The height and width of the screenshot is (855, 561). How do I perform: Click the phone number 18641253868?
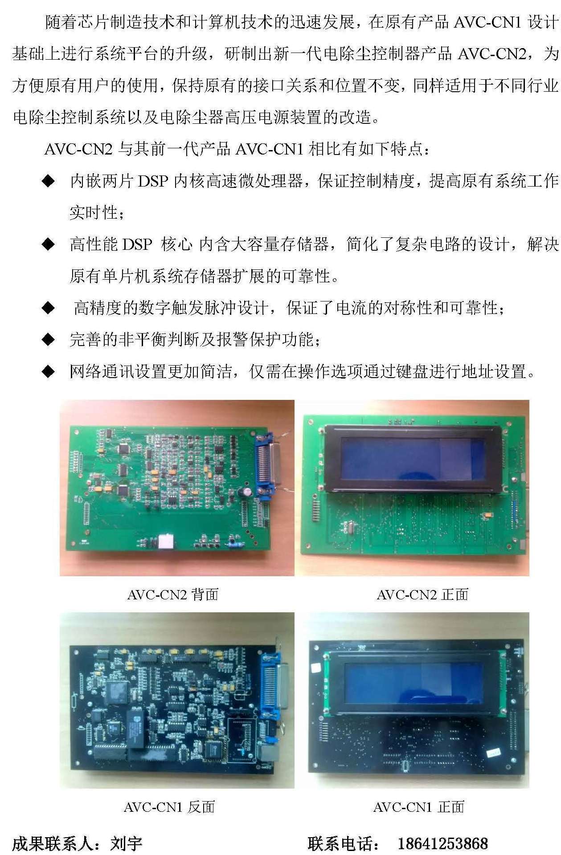coord(442,843)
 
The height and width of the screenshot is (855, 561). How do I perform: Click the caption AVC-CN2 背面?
coord(173,594)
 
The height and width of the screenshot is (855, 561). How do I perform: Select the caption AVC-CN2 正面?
coord(422,594)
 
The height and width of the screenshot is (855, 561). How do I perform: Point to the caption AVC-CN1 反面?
coord(170,807)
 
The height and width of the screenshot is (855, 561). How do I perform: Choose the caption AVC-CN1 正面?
coord(419,807)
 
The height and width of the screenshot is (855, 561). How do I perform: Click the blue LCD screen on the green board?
coord(412,459)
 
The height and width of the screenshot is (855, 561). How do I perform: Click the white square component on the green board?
coord(166,541)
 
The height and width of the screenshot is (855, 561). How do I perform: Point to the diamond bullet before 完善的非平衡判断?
coord(48,340)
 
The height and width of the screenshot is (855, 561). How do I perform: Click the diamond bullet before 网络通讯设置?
coord(48,371)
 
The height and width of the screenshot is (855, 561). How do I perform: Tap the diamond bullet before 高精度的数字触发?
coord(48,308)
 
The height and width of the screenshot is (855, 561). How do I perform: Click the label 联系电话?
coord(340,843)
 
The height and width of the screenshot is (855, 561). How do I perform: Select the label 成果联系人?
coord(53,843)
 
